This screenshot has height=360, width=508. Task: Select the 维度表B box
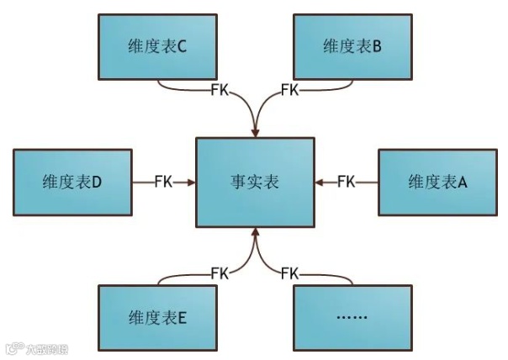[352, 46]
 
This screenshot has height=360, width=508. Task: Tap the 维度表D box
[72, 181]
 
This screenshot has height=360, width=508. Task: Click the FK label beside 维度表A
[346, 181]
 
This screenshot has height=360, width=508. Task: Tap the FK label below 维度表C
[220, 88]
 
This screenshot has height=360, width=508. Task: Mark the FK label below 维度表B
[289, 88]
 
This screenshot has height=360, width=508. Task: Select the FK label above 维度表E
[220, 273]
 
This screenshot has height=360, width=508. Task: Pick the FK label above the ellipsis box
[289, 273]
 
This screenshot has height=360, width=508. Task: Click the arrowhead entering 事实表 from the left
[191, 181]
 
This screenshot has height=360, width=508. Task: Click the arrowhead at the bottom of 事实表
[255, 233]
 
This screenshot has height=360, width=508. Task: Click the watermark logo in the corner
[13, 347]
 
